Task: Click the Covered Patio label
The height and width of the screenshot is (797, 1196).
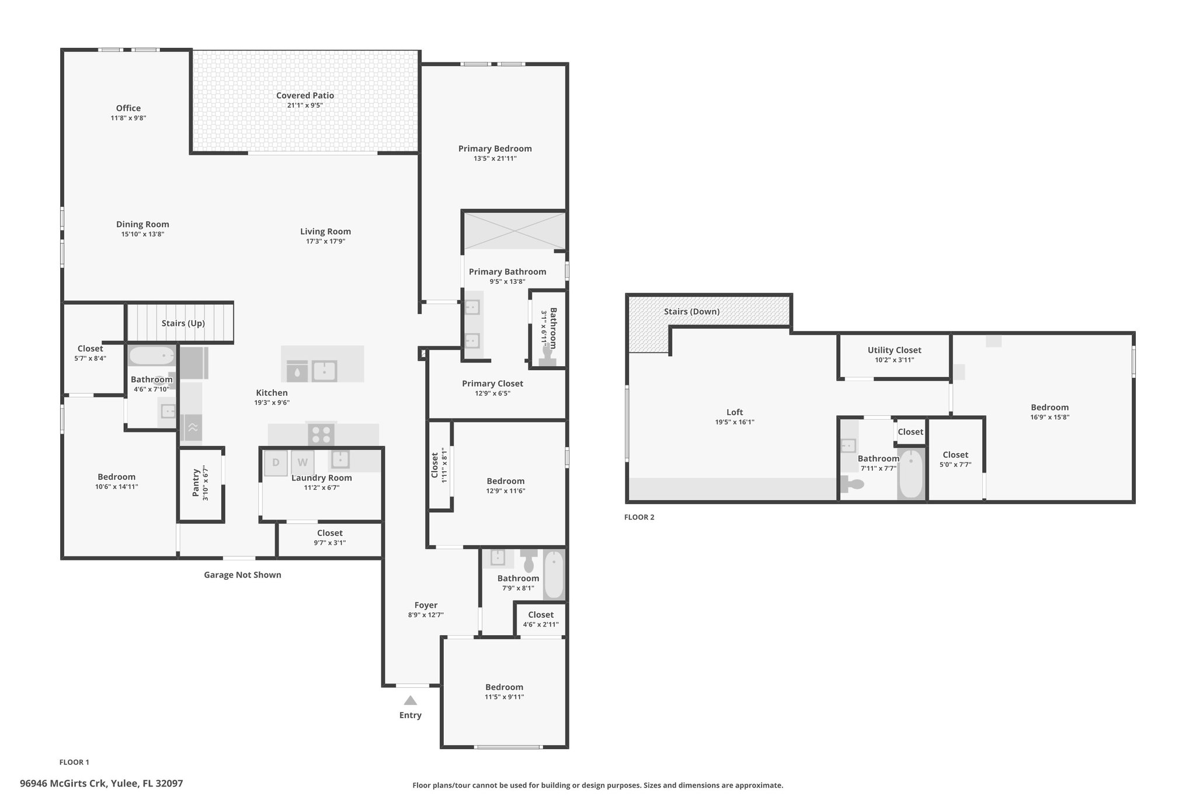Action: point(305,96)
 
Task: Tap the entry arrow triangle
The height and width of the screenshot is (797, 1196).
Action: point(411,700)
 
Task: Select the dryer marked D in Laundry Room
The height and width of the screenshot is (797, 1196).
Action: point(276,463)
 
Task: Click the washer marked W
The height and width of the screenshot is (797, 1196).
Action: point(303,463)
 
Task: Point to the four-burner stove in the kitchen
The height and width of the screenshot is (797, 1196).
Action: point(321,434)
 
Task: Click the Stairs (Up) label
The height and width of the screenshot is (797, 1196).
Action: point(183,323)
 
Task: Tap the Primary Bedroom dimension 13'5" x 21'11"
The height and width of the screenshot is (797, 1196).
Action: point(495,158)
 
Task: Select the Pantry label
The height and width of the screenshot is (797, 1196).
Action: point(196,482)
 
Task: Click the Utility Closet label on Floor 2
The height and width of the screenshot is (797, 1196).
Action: point(894,350)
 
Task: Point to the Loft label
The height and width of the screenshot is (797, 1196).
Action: point(735,412)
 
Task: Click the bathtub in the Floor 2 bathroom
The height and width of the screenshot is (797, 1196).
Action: point(911,474)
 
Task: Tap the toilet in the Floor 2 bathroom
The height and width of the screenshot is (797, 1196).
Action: point(852,484)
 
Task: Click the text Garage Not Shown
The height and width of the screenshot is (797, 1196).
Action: point(242,575)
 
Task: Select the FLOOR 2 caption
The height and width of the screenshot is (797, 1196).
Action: point(639,517)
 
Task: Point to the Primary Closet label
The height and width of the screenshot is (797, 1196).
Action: point(492,384)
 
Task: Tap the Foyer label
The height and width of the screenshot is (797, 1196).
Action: point(426,605)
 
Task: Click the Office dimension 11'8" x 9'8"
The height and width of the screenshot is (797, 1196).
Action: point(128,118)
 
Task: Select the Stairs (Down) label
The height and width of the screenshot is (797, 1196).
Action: point(691,312)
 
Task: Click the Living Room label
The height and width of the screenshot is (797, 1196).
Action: point(325,232)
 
